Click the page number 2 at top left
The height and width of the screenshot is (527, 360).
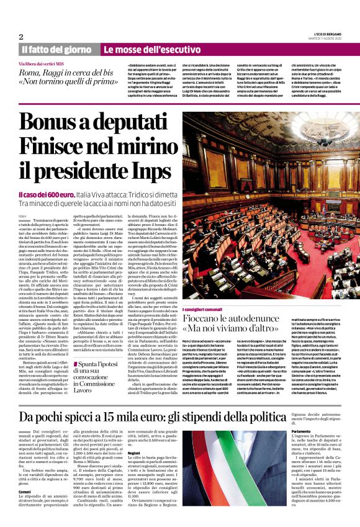[x=21, y=36]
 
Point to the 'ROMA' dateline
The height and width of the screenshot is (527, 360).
[x=23, y=215]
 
